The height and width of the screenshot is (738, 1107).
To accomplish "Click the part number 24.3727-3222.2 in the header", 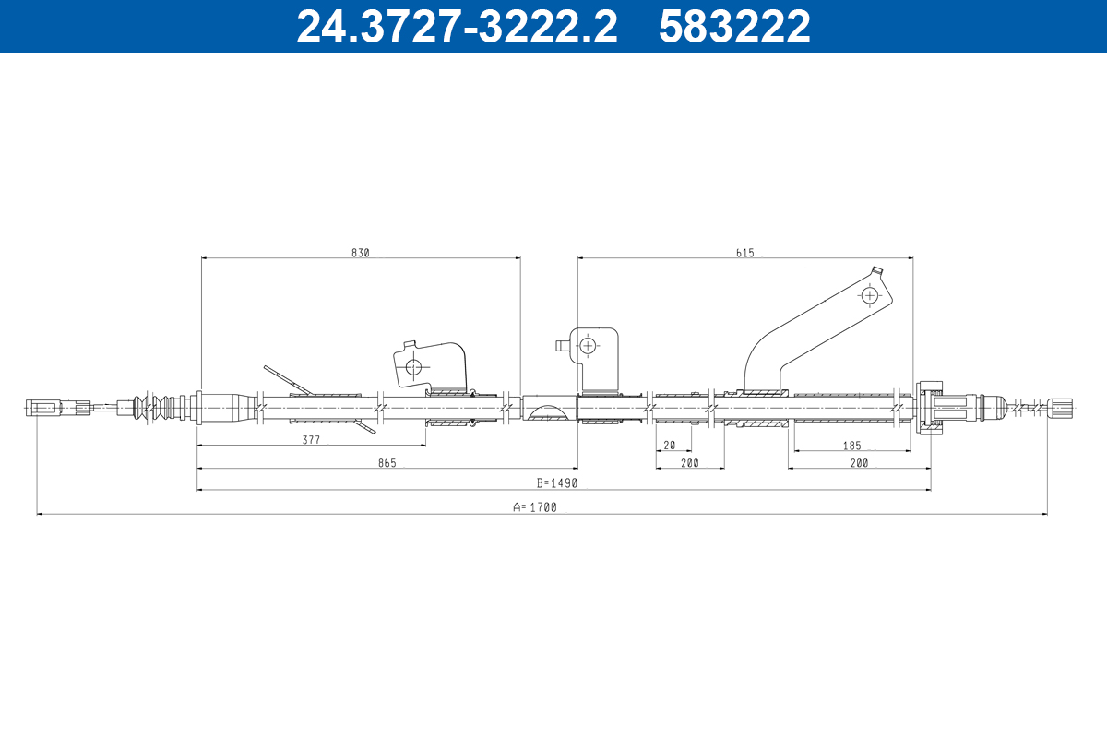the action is pyautogui.click(x=457, y=27).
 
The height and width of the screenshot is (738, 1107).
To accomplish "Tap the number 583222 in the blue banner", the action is pyautogui.click(x=734, y=27).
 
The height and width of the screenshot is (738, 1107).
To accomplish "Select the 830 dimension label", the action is pyautogui.click(x=361, y=253).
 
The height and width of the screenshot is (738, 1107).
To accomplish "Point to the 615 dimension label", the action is pyautogui.click(x=745, y=253).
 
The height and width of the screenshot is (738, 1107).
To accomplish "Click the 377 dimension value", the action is pyautogui.click(x=312, y=439).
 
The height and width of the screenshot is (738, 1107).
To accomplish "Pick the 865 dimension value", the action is pyautogui.click(x=387, y=463).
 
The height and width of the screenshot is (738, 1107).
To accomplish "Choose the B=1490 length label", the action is pyautogui.click(x=557, y=483).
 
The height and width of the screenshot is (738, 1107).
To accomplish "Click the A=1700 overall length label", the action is pyautogui.click(x=535, y=507).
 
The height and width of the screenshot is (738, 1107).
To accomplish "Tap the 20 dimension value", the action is pyautogui.click(x=669, y=446).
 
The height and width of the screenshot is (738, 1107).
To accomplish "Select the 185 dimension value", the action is pyautogui.click(x=852, y=446).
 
